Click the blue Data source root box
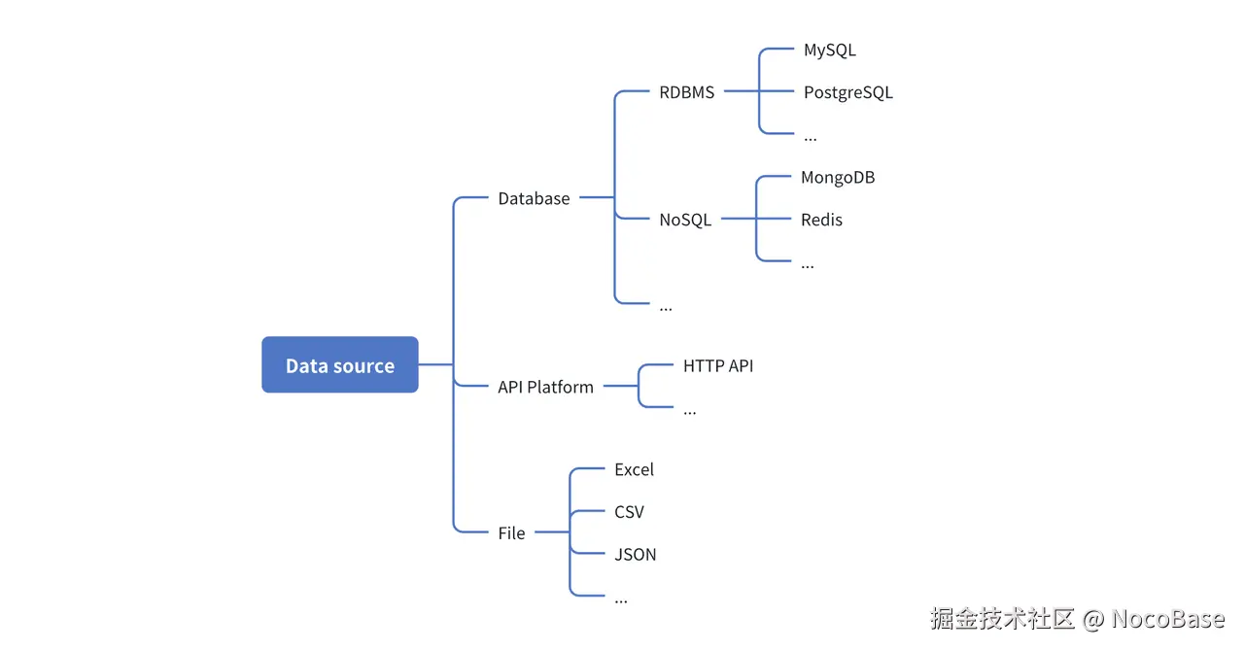click(x=339, y=365)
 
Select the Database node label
click(x=534, y=198)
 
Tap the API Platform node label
click(x=545, y=387)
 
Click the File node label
click(x=511, y=532)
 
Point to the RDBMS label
click(x=686, y=92)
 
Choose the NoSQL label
click(x=685, y=220)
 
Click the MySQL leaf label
click(x=829, y=50)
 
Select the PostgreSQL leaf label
click(x=847, y=92)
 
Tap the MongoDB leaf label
click(x=838, y=178)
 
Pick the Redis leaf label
click(x=821, y=220)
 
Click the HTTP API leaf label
click(x=718, y=366)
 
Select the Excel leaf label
click(x=634, y=469)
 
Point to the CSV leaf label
click(x=629, y=512)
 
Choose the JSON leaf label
click(x=635, y=555)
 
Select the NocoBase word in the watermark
click(x=1168, y=619)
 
